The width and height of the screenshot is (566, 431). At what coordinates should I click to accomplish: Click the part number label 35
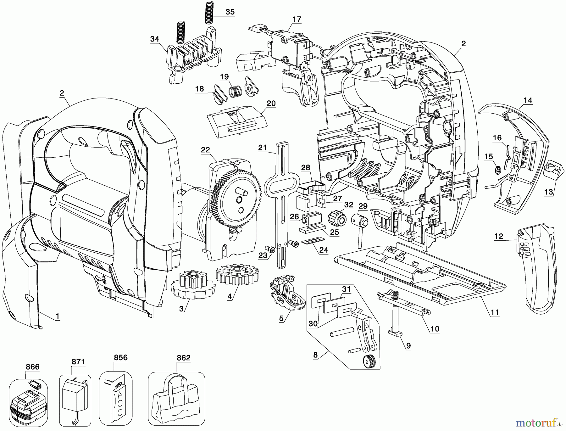coord(230,12)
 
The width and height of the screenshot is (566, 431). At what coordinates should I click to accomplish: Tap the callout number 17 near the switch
coord(297,19)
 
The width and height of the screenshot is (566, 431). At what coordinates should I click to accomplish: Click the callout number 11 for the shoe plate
coord(495,313)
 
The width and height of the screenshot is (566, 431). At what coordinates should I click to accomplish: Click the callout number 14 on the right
coord(528,100)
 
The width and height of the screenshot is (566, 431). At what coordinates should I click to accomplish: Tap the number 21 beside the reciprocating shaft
coord(262,148)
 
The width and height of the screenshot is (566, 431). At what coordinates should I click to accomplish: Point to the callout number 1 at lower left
coord(57,316)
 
